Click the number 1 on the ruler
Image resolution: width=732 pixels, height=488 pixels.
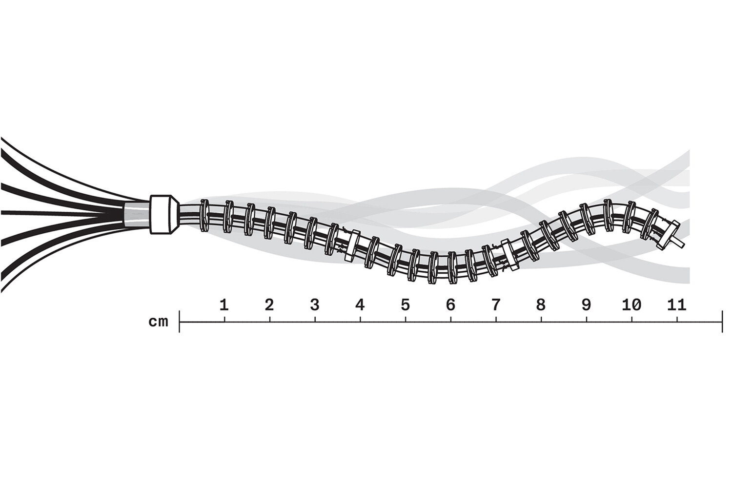pyautogui.click(x=224, y=305)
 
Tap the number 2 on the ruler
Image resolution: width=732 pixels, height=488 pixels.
pyautogui.click(x=269, y=305)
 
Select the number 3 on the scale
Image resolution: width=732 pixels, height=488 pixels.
pyautogui.click(x=315, y=305)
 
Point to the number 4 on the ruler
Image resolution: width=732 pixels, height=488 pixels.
pyautogui.click(x=360, y=305)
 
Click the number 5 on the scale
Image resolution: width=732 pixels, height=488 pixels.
pyautogui.click(x=405, y=305)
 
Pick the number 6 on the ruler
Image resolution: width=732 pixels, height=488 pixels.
pyautogui.click(x=450, y=305)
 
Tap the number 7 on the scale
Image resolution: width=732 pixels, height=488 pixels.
pyautogui.click(x=496, y=305)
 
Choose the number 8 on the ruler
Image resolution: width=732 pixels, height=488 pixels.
pyautogui.click(x=541, y=305)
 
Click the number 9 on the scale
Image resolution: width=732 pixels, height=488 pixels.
pyautogui.click(x=586, y=305)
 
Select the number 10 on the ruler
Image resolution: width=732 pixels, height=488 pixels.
pyautogui.click(x=631, y=305)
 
